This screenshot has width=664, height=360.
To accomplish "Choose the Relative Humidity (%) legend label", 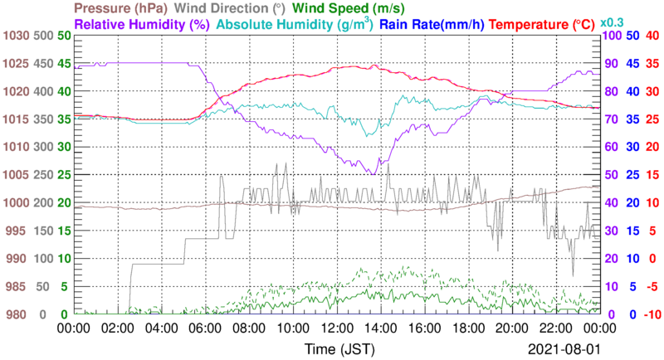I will point(142,25).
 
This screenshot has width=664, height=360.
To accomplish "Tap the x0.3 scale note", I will point(613,21).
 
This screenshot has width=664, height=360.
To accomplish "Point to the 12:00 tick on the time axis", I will point(335,329).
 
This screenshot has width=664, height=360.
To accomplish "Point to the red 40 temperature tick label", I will point(652,36).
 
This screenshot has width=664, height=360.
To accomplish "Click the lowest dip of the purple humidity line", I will point(375,174).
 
